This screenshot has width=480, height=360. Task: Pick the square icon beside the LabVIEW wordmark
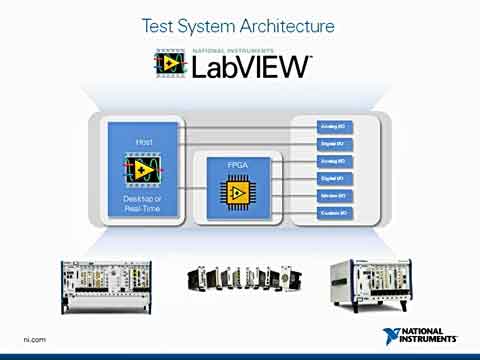tap(170, 63)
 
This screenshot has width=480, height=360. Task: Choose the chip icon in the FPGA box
tap(238, 191)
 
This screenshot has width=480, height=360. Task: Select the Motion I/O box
tap(334, 195)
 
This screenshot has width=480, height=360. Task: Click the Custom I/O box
tap(334, 212)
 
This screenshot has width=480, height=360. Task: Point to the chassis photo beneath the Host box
tap(99, 282)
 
